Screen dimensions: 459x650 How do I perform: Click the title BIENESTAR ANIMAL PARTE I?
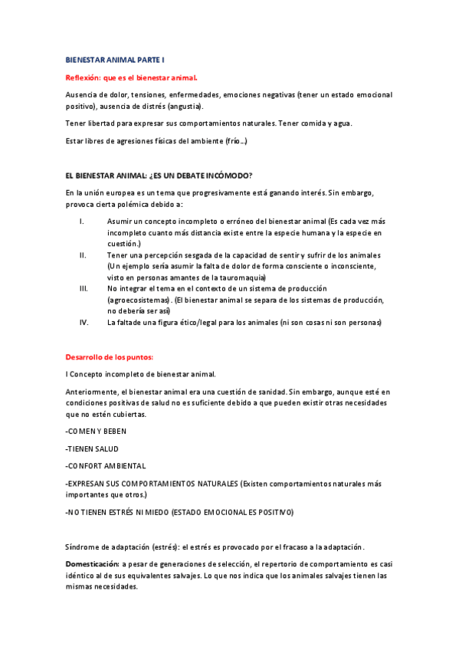[x=114, y=59]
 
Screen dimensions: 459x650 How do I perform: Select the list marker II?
[x=84, y=254]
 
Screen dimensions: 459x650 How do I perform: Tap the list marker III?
[x=84, y=288]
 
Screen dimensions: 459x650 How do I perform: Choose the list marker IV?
[x=84, y=323]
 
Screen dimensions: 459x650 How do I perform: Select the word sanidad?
[x=263, y=392]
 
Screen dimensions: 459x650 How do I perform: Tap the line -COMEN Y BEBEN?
[x=97, y=432]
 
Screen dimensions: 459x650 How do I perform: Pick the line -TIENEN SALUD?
[x=92, y=448]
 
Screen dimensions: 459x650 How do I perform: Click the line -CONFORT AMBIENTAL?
[x=106, y=466]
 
